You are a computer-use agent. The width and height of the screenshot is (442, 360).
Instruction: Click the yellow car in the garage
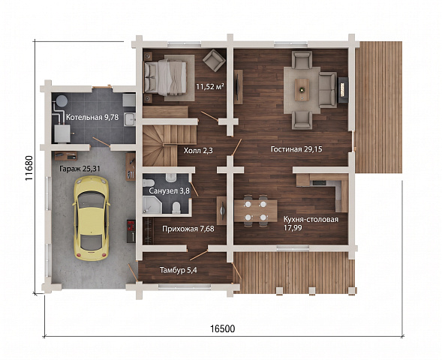pos(91,218)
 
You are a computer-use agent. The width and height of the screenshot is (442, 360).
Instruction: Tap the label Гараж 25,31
pos(80,169)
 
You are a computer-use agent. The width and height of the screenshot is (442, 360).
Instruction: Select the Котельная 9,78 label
pos(92,117)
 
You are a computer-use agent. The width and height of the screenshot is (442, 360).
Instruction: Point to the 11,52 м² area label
pos(210,86)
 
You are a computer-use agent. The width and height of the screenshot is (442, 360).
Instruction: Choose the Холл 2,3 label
pos(198,151)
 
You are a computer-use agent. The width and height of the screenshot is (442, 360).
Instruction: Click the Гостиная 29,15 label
pos(296,149)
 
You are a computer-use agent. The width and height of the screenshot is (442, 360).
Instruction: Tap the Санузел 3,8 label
pos(169,191)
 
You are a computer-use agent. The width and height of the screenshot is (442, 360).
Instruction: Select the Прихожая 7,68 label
pos(188,229)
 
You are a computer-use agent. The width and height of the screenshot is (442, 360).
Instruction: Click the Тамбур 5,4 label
pos(179,271)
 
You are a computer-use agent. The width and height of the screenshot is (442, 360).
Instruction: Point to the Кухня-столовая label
pos(311,220)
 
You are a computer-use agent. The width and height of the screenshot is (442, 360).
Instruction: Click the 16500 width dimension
pos(222,328)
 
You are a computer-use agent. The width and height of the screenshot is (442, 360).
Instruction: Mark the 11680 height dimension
pos(30,168)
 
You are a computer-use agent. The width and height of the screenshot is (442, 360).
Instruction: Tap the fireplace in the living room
pos(343,90)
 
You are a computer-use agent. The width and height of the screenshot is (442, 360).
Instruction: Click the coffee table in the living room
pos(302,89)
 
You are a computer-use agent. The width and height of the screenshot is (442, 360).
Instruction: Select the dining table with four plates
pos(256,211)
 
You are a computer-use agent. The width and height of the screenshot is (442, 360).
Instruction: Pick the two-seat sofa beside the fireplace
pos(328,90)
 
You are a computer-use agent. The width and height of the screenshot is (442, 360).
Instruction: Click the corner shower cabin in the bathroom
pos(152,205)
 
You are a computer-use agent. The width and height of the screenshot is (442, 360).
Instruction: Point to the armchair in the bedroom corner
pos(214,60)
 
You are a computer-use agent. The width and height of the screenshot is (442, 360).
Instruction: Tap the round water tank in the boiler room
pos(62,100)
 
